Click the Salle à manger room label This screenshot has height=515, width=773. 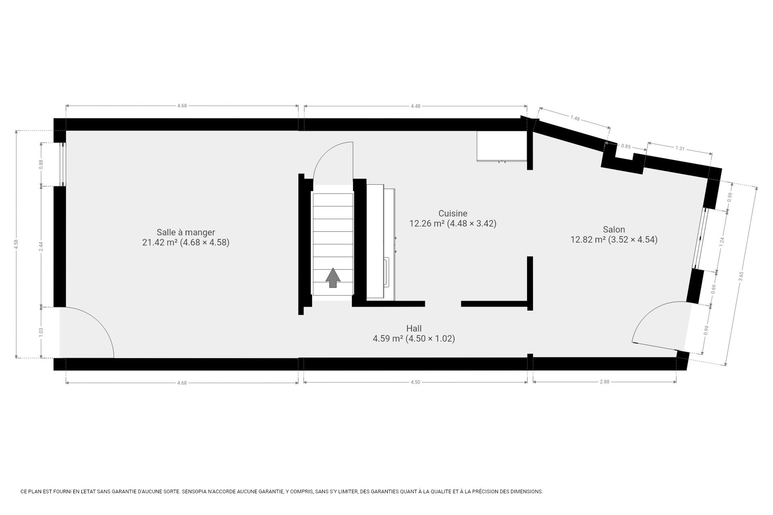(186, 232)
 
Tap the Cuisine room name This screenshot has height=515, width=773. (453, 214)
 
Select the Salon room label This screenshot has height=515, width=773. (614, 230)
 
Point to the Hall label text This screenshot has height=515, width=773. (414, 328)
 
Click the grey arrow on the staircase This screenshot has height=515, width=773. (333, 278)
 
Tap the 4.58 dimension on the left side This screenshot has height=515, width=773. (16, 244)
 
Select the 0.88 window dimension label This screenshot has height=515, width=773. (41, 164)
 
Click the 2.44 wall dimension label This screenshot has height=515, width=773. (41, 246)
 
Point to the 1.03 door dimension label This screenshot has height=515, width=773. (41, 332)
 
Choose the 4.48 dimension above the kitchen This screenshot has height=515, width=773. (415, 106)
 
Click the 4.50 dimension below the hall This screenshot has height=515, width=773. (415, 382)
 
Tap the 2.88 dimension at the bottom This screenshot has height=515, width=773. (604, 382)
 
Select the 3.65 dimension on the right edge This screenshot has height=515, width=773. (741, 276)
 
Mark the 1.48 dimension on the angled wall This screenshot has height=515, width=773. (575, 118)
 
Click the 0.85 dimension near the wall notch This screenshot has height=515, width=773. (626, 146)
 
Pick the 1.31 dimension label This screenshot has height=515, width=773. (680, 148)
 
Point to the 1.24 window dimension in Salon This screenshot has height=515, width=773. (722, 241)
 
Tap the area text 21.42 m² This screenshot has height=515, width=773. (160, 242)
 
